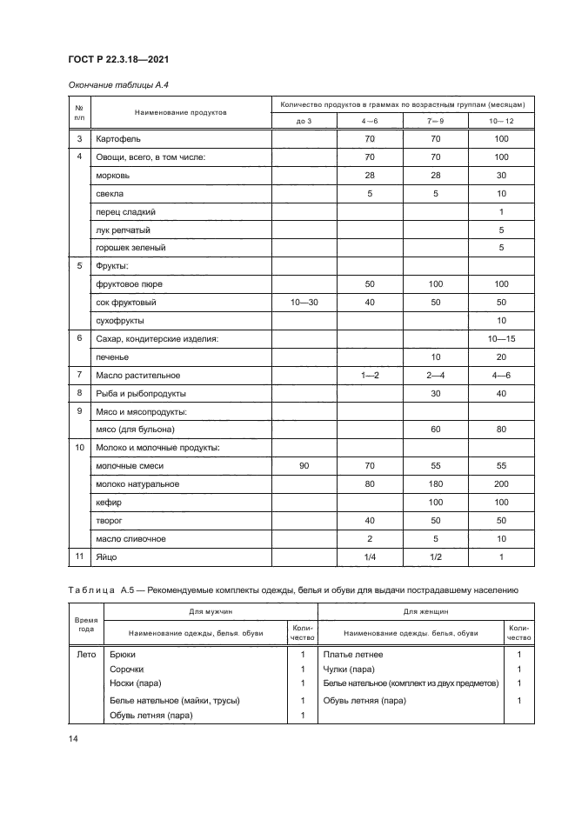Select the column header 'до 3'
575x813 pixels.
click(x=304, y=121)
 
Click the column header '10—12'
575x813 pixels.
click(x=501, y=121)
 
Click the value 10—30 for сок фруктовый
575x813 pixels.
click(x=304, y=303)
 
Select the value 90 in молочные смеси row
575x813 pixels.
click(x=304, y=466)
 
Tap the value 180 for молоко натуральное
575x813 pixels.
click(x=435, y=484)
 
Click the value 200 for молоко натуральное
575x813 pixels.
click(x=501, y=484)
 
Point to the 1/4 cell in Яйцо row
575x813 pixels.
click(x=369, y=556)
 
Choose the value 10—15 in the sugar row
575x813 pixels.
click(x=501, y=338)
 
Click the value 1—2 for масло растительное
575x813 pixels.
click(x=369, y=375)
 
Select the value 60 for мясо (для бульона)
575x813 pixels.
click(x=435, y=430)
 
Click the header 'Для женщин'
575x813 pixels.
click(x=425, y=612)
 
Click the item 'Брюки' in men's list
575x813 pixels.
click(x=123, y=654)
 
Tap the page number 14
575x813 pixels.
click(x=73, y=738)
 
